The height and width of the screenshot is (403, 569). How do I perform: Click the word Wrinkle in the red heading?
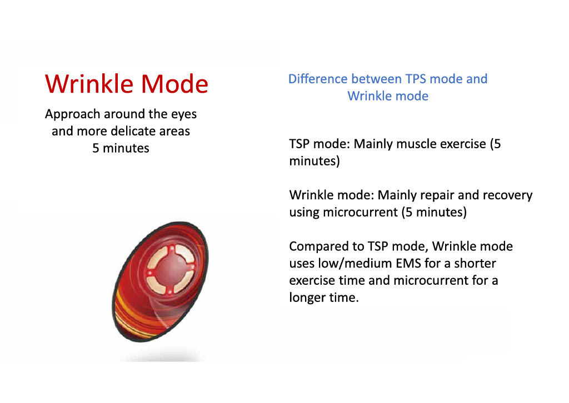pyautogui.click(x=89, y=84)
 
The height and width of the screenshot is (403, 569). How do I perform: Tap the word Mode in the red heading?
pyautogui.click(x=174, y=84)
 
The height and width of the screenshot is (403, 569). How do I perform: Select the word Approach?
pyautogui.click(x=73, y=114)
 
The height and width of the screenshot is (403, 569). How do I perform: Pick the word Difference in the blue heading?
pyautogui.click(x=317, y=79)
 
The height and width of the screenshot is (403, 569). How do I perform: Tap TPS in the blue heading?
pyautogui.click(x=416, y=79)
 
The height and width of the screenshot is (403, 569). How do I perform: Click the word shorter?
pyautogui.click(x=475, y=263)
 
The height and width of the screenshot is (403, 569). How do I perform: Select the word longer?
pyautogui.click(x=307, y=298)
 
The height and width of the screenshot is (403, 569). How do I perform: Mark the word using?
pyautogui.click(x=304, y=213)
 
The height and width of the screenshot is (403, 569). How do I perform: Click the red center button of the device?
pyautogui.click(x=170, y=269)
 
